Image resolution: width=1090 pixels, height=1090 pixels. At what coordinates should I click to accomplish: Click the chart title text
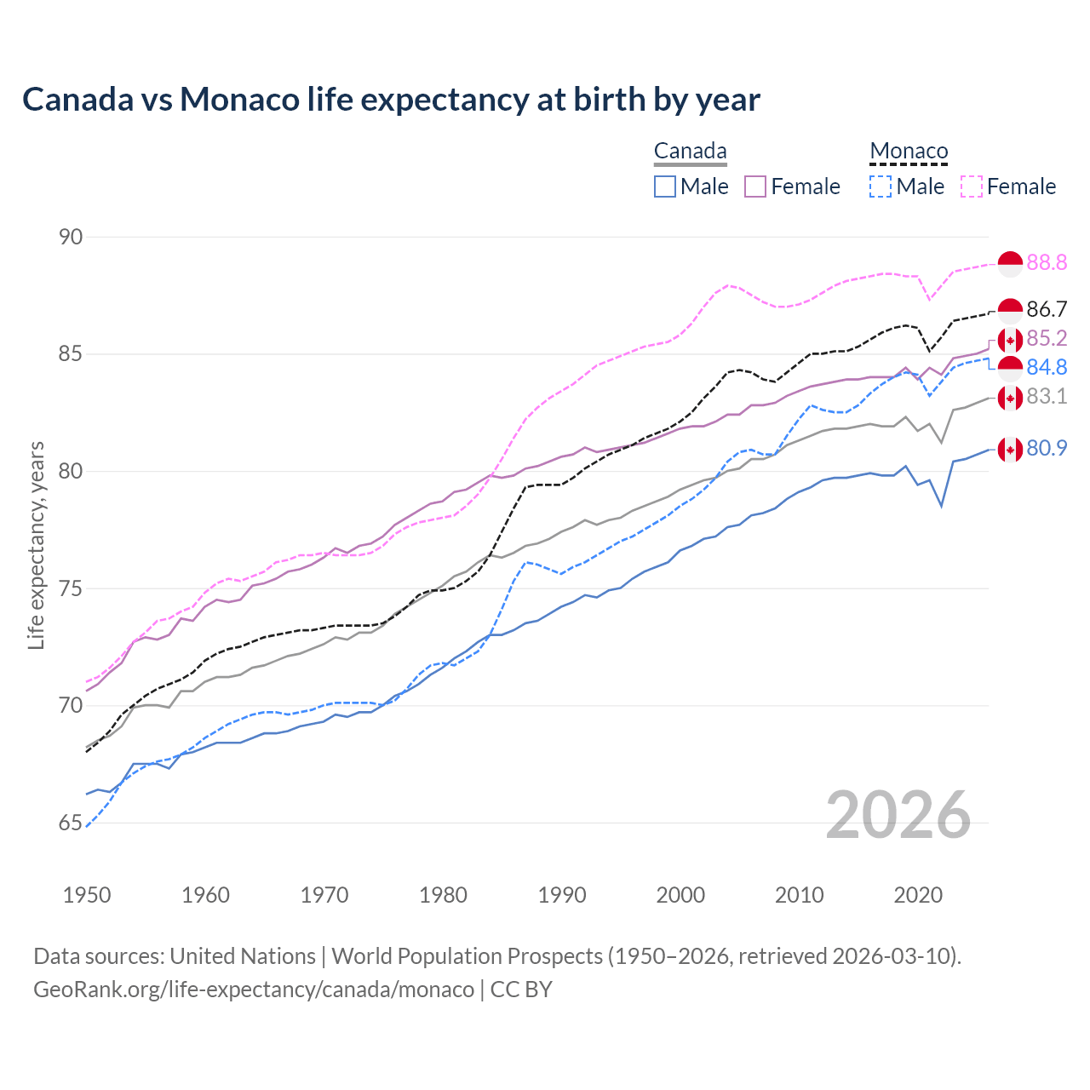391,100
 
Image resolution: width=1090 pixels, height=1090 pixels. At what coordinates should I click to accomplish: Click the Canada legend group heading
690,152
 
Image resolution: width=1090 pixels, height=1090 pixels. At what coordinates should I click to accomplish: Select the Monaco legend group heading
909,152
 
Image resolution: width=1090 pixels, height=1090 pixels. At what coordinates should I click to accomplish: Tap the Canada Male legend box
665,186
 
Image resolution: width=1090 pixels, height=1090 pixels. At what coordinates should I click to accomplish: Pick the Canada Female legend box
756,186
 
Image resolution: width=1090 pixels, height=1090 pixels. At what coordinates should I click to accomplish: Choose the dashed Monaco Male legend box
881,186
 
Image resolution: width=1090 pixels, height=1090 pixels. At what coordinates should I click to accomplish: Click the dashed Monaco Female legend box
972,186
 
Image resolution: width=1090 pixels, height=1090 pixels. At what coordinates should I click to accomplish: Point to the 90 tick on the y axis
71,237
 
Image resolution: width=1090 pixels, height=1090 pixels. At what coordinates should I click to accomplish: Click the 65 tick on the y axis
71,823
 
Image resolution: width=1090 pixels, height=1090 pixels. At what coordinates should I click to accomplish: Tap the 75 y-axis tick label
71,588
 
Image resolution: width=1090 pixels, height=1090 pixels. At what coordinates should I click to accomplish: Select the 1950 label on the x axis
87,895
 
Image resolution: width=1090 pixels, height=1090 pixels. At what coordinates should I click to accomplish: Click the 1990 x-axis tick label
562,895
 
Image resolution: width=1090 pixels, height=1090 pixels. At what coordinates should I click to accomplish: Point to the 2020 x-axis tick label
918,895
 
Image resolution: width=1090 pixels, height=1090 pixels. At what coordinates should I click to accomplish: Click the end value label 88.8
1047,263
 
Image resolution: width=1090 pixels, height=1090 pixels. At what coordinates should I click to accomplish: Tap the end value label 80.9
1047,448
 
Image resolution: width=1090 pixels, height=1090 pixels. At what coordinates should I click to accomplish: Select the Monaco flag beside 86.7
1010,311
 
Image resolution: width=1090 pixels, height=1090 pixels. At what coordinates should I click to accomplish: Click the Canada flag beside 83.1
1010,398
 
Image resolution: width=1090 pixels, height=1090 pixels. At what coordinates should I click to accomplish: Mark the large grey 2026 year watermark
898,815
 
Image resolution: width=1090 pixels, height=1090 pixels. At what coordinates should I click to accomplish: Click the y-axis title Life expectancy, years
37,545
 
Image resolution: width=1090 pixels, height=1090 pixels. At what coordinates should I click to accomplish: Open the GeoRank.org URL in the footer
254,990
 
